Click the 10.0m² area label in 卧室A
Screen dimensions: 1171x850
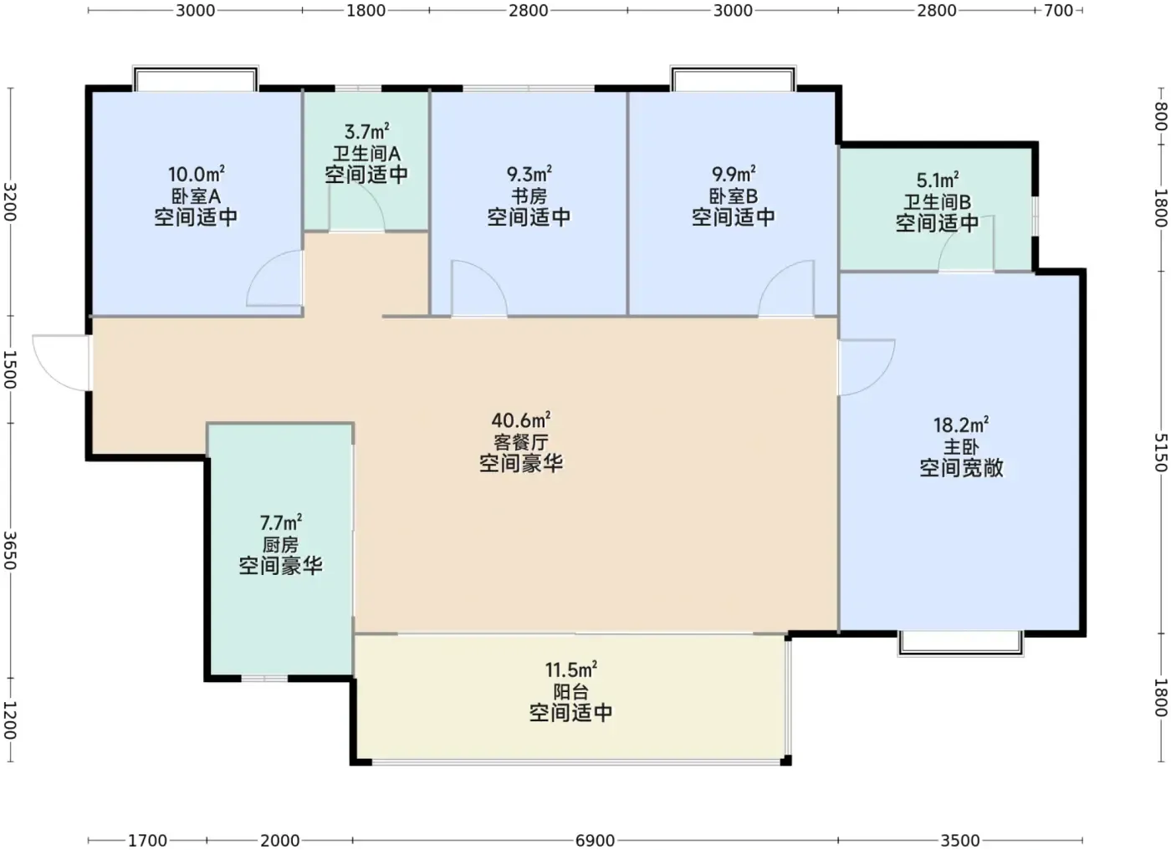click(196, 174)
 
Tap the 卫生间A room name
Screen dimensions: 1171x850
click(366, 154)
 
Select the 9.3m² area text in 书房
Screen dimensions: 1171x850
click(529, 174)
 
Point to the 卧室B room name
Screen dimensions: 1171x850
click(733, 196)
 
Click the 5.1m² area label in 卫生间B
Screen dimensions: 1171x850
click(938, 181)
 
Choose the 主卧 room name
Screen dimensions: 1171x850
click(961, 447)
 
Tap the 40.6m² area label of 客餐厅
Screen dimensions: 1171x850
click(520, 420)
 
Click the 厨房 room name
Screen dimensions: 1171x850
click(280, 545)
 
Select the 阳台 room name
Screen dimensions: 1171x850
click(570, 692)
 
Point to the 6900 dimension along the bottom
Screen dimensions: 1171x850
click(595, 841)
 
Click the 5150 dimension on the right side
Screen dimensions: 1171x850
click(1160, 452)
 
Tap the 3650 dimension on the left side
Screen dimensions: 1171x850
click(10, 551)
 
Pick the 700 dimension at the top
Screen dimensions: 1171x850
click(1059, 11)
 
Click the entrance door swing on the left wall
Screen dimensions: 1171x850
click(61, 363)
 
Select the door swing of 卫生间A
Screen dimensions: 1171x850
click(357, 207)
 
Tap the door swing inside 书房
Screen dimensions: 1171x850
click(479, 288)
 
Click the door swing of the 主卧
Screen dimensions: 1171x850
click(867, 367)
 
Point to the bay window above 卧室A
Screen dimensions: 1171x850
click(196, 78)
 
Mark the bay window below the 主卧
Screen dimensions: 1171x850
click(961, 644)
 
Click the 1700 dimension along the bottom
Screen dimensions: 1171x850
click(147, 841)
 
